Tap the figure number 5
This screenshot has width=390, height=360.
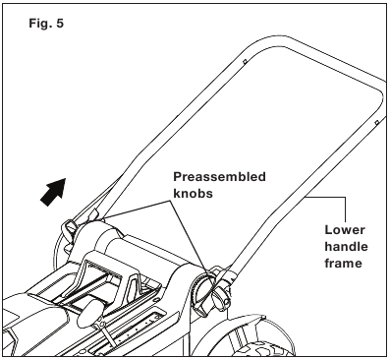point(60,24)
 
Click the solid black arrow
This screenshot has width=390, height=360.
point(53,192)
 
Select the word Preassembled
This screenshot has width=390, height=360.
point(219,177)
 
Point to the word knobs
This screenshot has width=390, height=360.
point(193,194)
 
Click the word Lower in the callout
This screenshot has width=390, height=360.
point(345,230)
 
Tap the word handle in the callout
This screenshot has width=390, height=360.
point(346,246)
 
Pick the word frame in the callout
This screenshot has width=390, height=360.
point(343,263)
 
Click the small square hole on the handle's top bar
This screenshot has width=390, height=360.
point(245,61)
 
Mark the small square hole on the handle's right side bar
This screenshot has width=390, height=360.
point(376,123)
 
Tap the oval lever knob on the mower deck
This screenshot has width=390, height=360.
point(89,311)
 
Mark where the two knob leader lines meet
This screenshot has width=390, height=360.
point(172,201)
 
